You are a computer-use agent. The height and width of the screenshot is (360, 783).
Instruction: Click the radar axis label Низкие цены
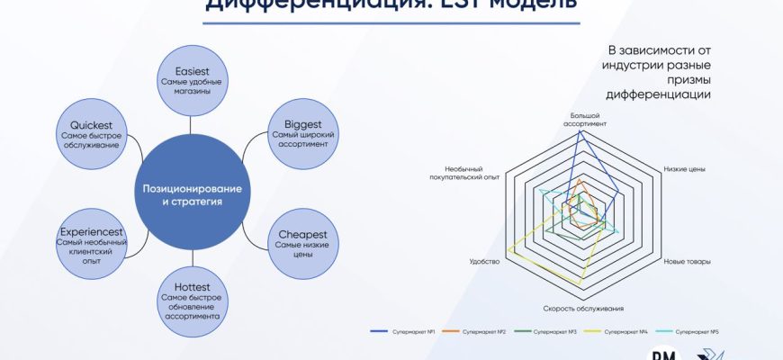pos(683,169)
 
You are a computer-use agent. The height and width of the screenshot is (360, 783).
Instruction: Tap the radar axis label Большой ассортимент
pos(586,120)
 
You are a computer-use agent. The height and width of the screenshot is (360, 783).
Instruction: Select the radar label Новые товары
pos(687,262)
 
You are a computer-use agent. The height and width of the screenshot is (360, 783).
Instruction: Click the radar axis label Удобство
pos(483,262)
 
